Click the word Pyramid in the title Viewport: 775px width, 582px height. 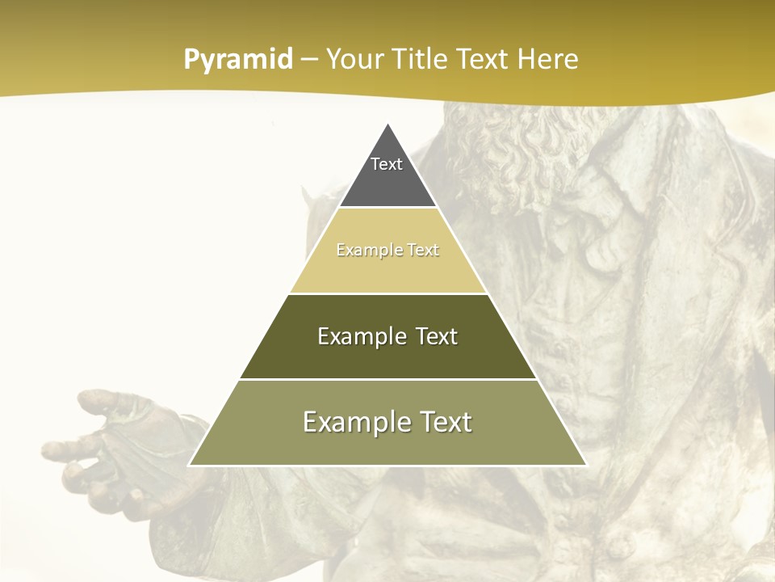[x=238, y=60]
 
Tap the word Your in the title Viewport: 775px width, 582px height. [x=353, y=59]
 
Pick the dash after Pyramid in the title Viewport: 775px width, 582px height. [x=308, y=60]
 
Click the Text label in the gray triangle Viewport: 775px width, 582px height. [x=387, y=164]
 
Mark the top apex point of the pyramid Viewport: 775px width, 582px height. [x=388, y=124]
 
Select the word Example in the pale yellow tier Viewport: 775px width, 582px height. [x=364, y=251]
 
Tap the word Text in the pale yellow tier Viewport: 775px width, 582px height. [x=423, y=251]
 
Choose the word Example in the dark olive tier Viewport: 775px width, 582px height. [x=358, y=336]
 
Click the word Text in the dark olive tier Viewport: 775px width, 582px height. [x=437, y=336]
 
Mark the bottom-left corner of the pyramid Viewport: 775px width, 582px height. [x=189, y=465]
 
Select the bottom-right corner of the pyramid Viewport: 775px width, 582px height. [x=587, y=465]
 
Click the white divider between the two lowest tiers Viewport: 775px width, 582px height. [x=388, y=379]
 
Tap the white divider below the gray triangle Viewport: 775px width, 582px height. [x=388, y=208]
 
